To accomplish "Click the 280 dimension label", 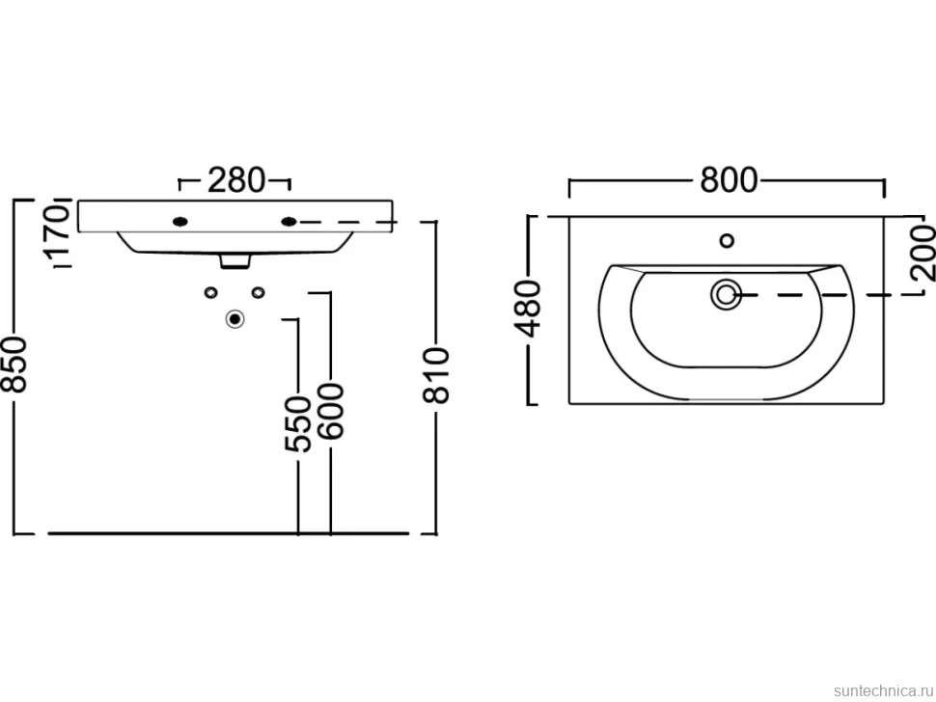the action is (235, 180).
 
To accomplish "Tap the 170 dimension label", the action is (59, 230).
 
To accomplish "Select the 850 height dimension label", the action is (14, 364).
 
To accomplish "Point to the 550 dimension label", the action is (298, 423).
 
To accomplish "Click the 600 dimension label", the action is (331, 411).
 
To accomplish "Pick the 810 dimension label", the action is (436, 376).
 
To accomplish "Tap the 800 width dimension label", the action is (729, 179).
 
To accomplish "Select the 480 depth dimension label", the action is (528, 309).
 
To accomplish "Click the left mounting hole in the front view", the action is (179, 222).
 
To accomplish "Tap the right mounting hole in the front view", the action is (289, 222).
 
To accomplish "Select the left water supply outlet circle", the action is (210, 291).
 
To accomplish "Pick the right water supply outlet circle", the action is (258, 291).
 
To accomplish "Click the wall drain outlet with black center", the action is (235, 319).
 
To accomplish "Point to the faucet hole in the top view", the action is (727, 241).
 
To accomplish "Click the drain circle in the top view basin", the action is (726, 295).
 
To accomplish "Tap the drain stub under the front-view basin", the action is (235, 261).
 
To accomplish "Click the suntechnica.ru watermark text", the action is (884, 690).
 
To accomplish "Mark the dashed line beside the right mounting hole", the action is (347, 222).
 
